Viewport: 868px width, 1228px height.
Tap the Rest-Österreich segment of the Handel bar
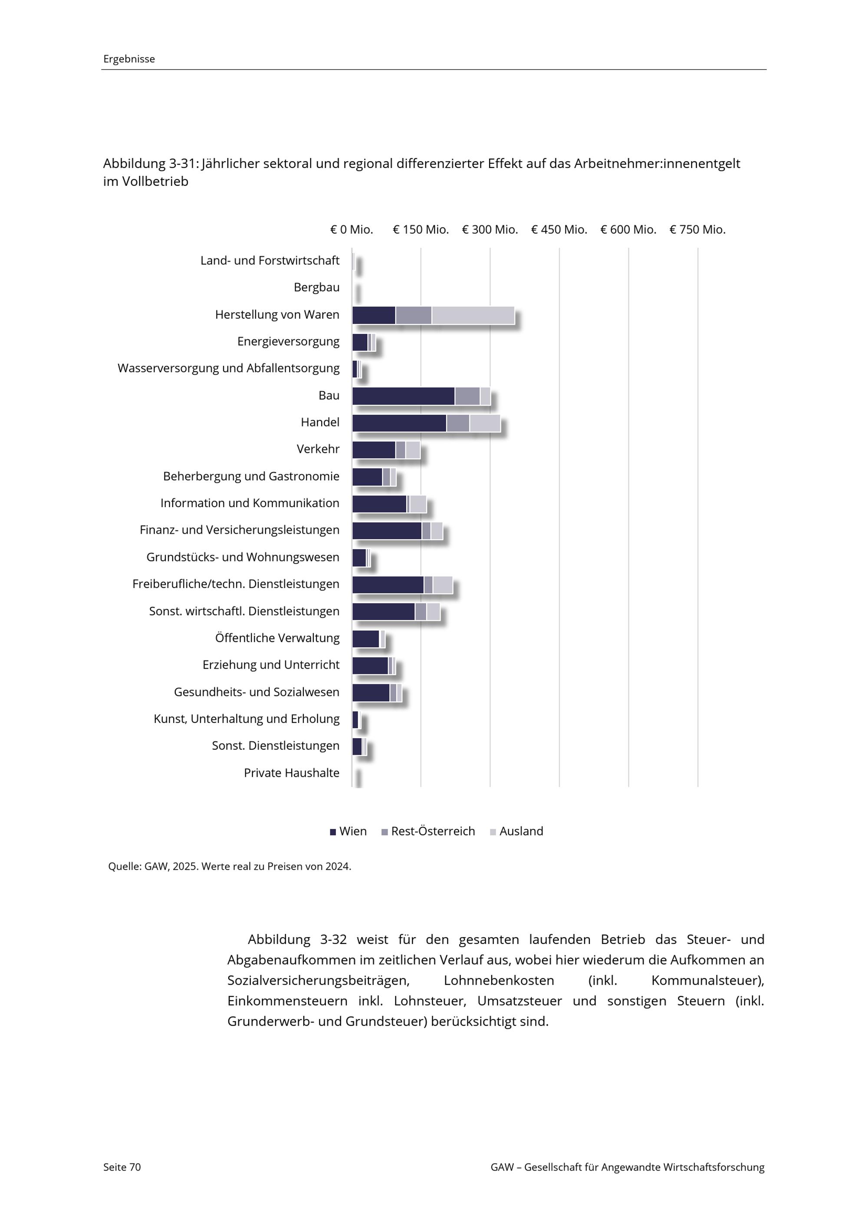[x=458, y=423]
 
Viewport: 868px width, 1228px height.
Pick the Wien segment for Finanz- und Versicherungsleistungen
[x=387, y=531]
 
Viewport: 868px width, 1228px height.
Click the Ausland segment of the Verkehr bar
[x=413, y=450]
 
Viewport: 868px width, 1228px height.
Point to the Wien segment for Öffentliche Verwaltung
[x=365, y=639]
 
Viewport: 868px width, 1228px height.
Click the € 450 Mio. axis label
[x=559, y=229]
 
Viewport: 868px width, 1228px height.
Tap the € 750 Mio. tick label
[x=697, y=229]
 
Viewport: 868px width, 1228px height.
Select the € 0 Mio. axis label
[x=351, y=229]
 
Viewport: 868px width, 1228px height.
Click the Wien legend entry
[x=349, y=831]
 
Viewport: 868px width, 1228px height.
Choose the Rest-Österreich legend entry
[x=428, y=831]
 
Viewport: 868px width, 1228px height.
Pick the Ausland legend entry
[x=516, y=831]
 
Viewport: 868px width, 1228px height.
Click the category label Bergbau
[x=316, y=288]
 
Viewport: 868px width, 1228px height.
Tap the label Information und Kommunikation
[x=250, y=503]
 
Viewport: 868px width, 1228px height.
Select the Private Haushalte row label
[x=291, y=773]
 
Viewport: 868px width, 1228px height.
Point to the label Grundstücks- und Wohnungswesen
[x=243, y=557]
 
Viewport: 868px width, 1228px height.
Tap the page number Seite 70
[x=122, y=1167]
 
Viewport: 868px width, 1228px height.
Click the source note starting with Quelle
[x=229, y=866]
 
